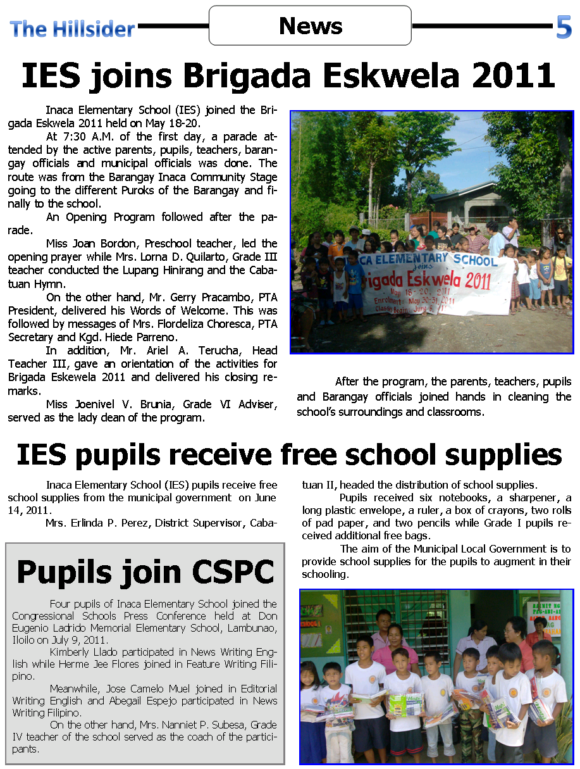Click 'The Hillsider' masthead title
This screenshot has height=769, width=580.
(x=72, y=28)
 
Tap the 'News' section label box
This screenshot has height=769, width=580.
(x=310, y=26)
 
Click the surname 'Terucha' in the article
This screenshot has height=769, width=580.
(x=221, y=351)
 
